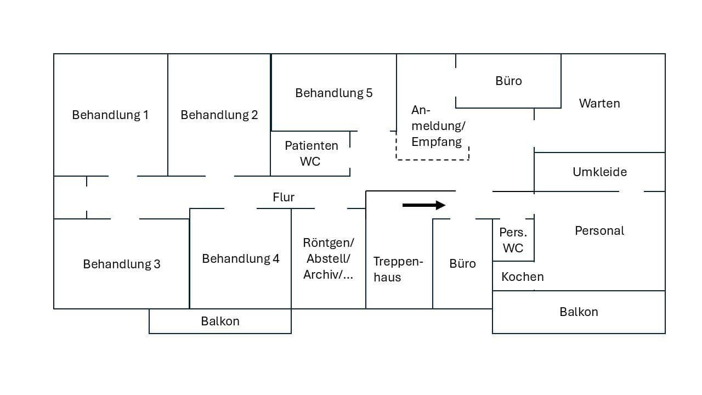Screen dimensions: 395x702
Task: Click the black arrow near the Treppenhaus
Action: point(424,205)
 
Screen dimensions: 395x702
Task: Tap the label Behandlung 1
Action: point(110,115)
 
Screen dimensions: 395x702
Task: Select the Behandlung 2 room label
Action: point(219,115)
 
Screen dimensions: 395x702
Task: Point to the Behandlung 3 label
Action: point(122,264)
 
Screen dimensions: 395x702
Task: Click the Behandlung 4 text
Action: point(240,258)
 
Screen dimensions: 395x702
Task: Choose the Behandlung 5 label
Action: point(333,93)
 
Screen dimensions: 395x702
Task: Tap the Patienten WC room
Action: point(311,154)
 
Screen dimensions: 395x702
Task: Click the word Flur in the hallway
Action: point(284,197)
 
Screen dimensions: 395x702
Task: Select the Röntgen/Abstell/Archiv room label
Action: point(329,258)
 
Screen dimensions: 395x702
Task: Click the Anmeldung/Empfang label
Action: point(438,126)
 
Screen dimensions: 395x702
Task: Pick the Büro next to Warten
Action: point(508,81)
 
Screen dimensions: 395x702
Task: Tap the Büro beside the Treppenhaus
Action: point(462,264)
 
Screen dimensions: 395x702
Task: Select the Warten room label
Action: point(599,103)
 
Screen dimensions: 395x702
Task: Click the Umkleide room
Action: point(599,172)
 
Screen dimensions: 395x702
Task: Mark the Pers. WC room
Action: point(513,240)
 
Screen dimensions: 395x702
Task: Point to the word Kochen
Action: point(522,276)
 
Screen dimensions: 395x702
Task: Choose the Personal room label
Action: point(599,230)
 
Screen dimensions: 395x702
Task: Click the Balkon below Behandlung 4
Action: point(220,321)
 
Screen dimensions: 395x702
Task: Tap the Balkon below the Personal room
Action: point(579,312)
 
